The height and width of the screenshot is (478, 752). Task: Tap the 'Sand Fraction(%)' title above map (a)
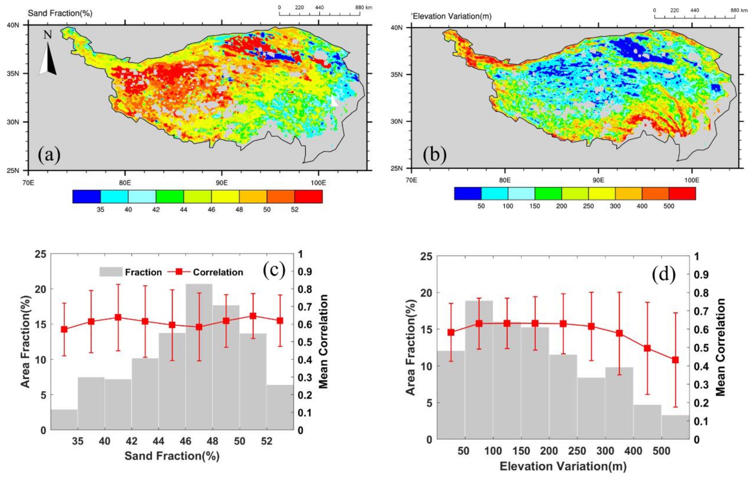pos(60,13)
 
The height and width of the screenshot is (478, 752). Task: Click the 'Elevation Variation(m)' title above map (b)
pos(452,16)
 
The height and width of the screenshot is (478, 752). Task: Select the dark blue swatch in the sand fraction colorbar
pos(87,197)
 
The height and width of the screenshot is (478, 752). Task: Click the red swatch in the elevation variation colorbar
pos(682,193)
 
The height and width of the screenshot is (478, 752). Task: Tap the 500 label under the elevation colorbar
pos(669,206)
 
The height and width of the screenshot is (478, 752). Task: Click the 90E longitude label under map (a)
pos(221,183)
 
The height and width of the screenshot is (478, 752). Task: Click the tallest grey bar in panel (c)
pos(199,356)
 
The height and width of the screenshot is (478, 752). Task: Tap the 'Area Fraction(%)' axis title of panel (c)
pos(26,342)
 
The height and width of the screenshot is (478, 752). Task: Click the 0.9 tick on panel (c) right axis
pos(305,272)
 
